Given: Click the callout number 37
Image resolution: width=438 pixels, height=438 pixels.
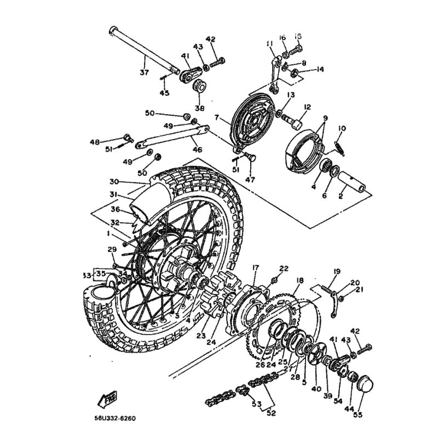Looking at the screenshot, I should [x=144, y=72].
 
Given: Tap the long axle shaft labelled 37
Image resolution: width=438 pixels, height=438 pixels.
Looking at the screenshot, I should [x=143, y=49].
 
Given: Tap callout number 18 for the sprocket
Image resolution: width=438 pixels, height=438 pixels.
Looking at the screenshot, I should [x=299, y=280].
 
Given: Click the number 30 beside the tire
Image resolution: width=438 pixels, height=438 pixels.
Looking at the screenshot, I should [x=113, y=182].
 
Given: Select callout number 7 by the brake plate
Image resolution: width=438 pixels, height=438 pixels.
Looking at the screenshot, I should [x=217, y=117].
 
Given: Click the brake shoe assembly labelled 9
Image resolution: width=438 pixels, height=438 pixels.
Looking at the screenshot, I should [x=307, y=145].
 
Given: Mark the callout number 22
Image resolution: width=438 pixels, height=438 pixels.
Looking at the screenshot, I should [x=283, y=268].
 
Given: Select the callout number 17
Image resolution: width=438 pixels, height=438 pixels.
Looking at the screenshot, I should [x=256, y=268].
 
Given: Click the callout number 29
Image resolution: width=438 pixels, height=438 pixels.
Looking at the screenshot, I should [x=112, y=250].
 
